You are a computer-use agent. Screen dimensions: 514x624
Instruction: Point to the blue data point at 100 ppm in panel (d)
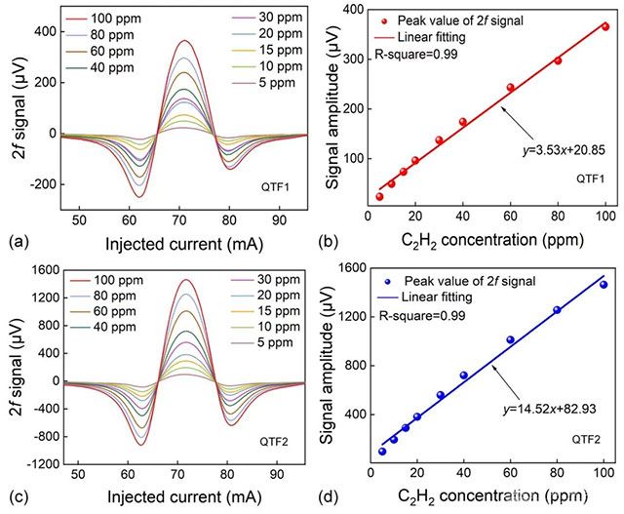[604, 284]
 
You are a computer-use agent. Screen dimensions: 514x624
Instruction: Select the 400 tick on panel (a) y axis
[44, 31]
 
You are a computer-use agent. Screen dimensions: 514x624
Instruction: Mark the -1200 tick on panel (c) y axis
[38, 464]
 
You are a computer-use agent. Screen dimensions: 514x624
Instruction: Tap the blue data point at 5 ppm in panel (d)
[382, 452]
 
